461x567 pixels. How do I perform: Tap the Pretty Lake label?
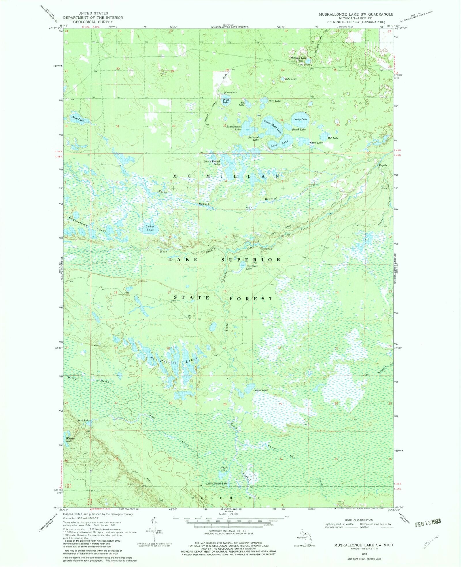click(300, 119)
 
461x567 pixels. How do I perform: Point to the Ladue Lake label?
click(150, 228)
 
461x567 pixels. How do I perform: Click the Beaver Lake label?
click(260, 390)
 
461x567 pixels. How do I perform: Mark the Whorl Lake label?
click(224, 469)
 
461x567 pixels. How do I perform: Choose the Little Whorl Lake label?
click(217, 484)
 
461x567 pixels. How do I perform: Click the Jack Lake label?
click(84, 420)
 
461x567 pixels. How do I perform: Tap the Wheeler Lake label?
click(70, 440)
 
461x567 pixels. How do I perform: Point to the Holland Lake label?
click(298, 58)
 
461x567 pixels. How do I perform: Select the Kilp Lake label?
click(291, 79)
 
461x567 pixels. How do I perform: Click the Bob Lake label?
click(333, 138)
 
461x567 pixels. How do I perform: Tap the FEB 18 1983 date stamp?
click(428, 524)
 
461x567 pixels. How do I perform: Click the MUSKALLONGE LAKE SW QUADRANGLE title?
click(356, 14)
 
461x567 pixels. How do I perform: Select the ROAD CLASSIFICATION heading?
click(359, 520)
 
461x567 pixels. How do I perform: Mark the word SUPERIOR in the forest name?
click(251, 260)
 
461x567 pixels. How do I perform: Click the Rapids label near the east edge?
click(383, 165)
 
